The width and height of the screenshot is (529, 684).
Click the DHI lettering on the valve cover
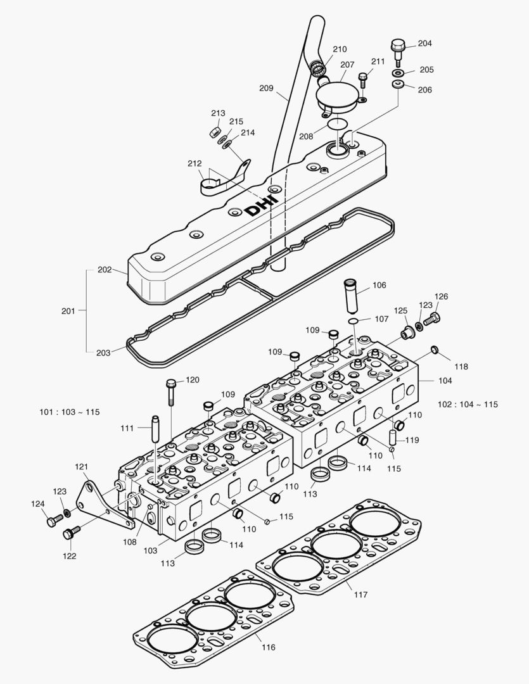click(261, 203)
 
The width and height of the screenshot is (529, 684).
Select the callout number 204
click(424, 44)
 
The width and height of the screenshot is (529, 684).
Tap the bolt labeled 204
click(398, 50)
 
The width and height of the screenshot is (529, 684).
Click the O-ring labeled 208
click(338, 123)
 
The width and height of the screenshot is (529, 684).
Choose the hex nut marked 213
click(215, 132)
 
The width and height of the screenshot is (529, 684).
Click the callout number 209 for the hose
click(266, 89)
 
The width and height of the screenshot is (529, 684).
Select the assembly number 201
click(68, 311)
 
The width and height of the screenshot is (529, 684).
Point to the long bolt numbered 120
click(172, 393)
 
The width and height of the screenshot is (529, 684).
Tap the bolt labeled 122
click(70, 534)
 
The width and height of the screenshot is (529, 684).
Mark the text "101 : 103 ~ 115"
click(70, 412)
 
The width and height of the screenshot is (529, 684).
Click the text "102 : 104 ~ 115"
click(468, 404)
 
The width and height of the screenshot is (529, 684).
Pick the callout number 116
click(268, 647)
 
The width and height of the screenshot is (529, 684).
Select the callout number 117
click(360, 595)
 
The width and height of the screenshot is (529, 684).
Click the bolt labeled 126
click(433, 319)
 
